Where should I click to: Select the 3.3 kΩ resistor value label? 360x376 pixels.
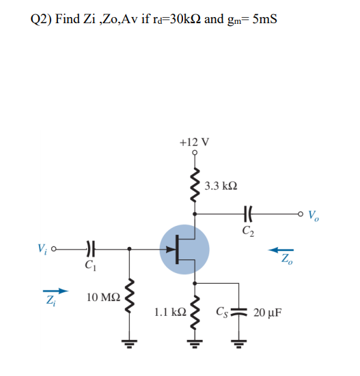point(221,186)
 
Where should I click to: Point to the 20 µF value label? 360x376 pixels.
point(266,314)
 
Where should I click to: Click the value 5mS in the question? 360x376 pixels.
point(263,18)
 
